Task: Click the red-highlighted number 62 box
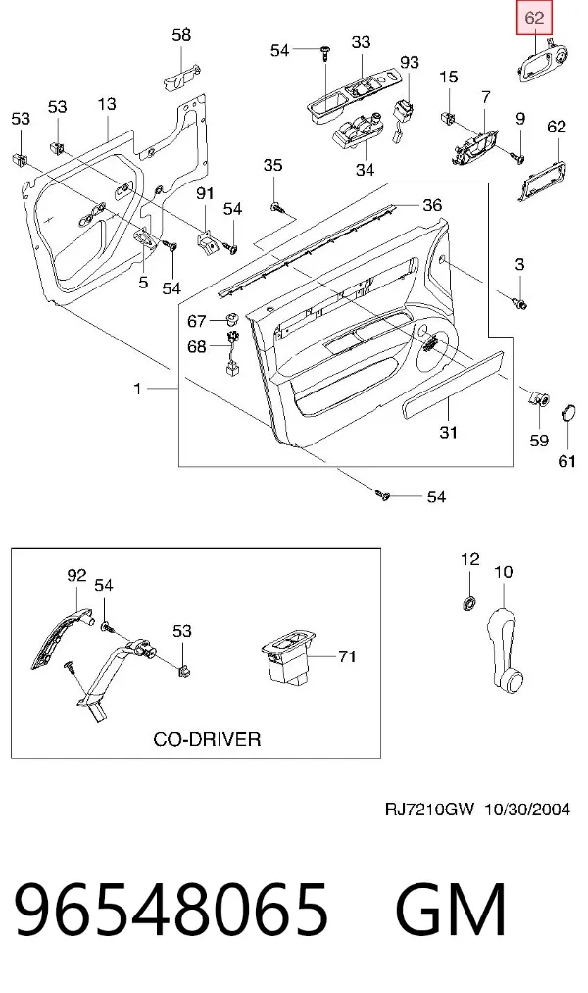534,19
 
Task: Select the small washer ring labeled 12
468,602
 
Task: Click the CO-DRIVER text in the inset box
207,739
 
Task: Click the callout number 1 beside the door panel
138,389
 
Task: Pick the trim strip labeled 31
452,384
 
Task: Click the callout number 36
432,204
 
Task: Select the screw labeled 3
519,303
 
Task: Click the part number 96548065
171,910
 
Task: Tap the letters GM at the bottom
452,910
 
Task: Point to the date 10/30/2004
527,810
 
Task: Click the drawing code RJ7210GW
429,810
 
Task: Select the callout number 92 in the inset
76,575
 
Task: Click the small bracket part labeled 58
182,78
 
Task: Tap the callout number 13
107,103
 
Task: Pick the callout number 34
365,169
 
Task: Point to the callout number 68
197,346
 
